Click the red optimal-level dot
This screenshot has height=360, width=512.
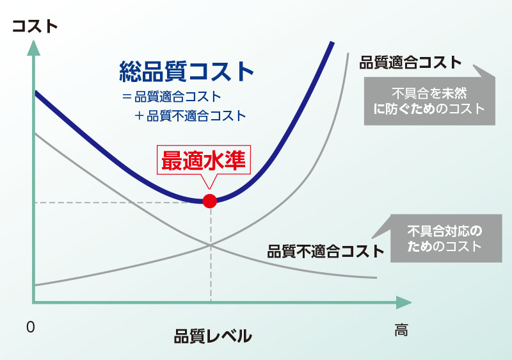(x=209, y=200)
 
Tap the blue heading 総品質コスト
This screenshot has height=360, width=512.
(x=187, y=72)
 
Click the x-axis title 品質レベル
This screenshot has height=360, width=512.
(x=212, y=336)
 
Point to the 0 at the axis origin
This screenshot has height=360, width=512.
(x=29, y=327)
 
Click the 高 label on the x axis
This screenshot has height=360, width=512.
(x=401, y=331)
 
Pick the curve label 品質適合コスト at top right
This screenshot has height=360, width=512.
(x=410, y=63)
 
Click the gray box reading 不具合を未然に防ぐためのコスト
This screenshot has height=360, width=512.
(x=429, y=99)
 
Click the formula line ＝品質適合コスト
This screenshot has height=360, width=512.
(x=171, y=98)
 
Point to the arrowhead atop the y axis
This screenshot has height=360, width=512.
(x=32, y=49)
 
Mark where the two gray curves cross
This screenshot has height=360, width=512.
(x=210, y=244)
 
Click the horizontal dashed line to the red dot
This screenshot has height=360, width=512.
(x=115, y=202)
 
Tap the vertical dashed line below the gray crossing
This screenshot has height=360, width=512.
(x=210, y=275)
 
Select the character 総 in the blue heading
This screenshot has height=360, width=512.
(x=131, y=72)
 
